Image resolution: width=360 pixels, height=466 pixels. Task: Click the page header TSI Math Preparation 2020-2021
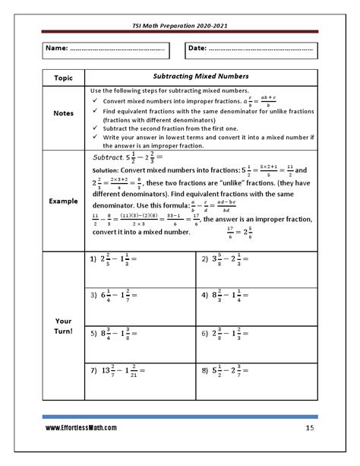click(180, 25)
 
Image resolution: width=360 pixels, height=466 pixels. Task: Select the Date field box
click(251, 49)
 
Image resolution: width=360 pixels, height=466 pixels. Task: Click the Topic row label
click(63, 78)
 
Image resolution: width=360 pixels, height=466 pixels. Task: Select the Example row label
click(63, 201)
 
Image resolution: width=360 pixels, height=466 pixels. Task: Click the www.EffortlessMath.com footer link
click(81, 429)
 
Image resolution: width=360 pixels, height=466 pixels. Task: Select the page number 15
click(310, 429)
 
